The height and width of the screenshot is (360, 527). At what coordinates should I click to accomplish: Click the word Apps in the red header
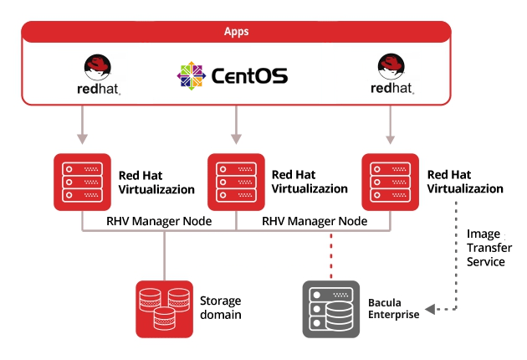click(x=236, y=32)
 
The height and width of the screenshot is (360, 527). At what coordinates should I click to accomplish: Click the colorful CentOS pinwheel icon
click(x=191, y=75)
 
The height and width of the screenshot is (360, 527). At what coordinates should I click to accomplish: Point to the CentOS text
click(x=249, y=76)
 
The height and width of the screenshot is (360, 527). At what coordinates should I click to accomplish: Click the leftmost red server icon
click(x=82, y=181)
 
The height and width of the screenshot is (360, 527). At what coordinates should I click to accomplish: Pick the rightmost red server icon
click(x=390, y=181)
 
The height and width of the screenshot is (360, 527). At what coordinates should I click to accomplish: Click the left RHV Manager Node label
click(x=158, y=221)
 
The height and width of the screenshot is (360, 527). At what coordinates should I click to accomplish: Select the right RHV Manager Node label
click(x=315, y=221)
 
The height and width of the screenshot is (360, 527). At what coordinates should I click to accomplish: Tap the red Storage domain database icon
click(x=164, y=308)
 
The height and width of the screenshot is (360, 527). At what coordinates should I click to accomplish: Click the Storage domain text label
click(x=220, y=307)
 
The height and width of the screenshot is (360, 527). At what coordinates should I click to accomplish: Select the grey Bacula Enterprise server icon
click(x=330, y=308)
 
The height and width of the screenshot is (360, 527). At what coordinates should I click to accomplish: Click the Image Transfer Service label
click(x=486, y=248)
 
